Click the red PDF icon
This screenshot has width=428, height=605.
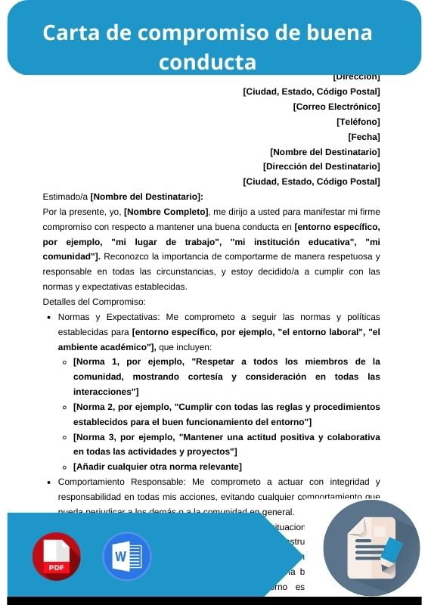coord(56,556)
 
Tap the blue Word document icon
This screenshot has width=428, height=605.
coord(126,556)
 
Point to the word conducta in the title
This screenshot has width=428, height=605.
coord(207,60)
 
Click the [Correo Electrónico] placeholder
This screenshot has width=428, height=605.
coord(337,107)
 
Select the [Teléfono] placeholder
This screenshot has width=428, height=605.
coord(358,121)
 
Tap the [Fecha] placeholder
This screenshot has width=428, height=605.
coord(364,136)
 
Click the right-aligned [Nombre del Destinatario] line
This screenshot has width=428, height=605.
coord(324,151)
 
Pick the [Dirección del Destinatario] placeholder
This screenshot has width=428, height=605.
coord(321,166)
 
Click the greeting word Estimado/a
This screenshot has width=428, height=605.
coord(65,197)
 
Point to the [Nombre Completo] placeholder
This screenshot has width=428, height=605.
coord(166,212)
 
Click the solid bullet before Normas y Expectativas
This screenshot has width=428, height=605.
coord(49,318)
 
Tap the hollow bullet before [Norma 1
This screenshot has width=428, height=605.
coord(65,362)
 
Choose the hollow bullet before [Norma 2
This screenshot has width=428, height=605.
coord(65,407)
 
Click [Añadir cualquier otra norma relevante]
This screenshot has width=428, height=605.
coord(157,466)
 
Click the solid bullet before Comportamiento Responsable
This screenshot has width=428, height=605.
coord(49,482)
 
